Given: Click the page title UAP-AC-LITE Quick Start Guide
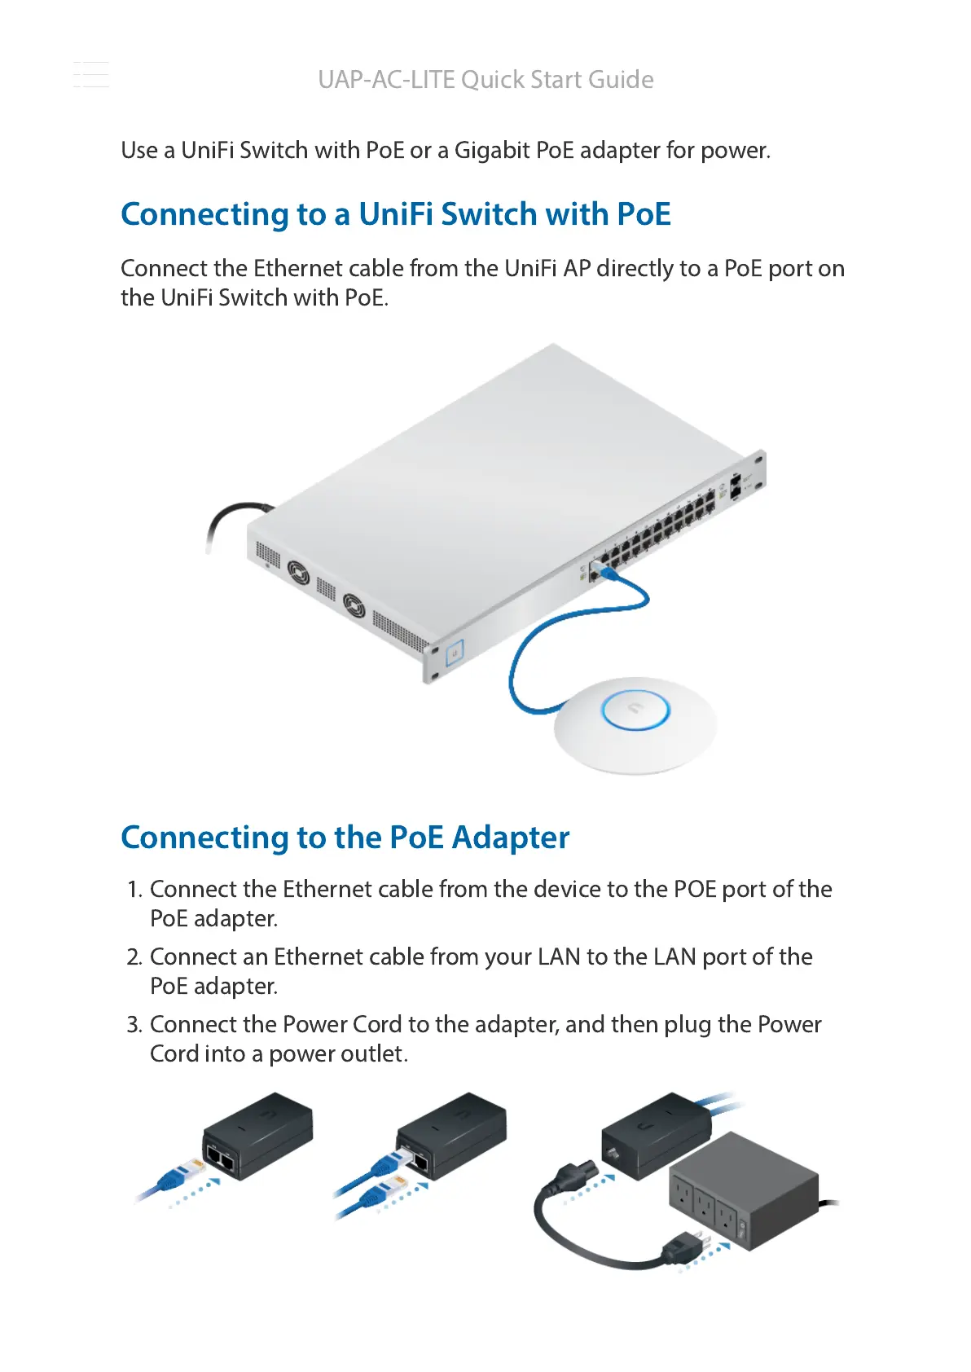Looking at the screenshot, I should (485, 80).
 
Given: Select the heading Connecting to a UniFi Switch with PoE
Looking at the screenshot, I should (396, 214).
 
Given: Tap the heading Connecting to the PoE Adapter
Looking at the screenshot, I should (345, 838).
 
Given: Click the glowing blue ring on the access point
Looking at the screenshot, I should (635, 710).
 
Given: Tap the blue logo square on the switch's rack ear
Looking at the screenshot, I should (454, 651).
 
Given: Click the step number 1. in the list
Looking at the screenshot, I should (135, 890).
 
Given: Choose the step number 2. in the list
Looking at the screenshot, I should (135, 957).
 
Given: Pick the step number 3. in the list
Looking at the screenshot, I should (135, 1025).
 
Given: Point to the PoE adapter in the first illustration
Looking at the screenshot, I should (257, 1136).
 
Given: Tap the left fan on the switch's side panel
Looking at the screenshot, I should (298, 573).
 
